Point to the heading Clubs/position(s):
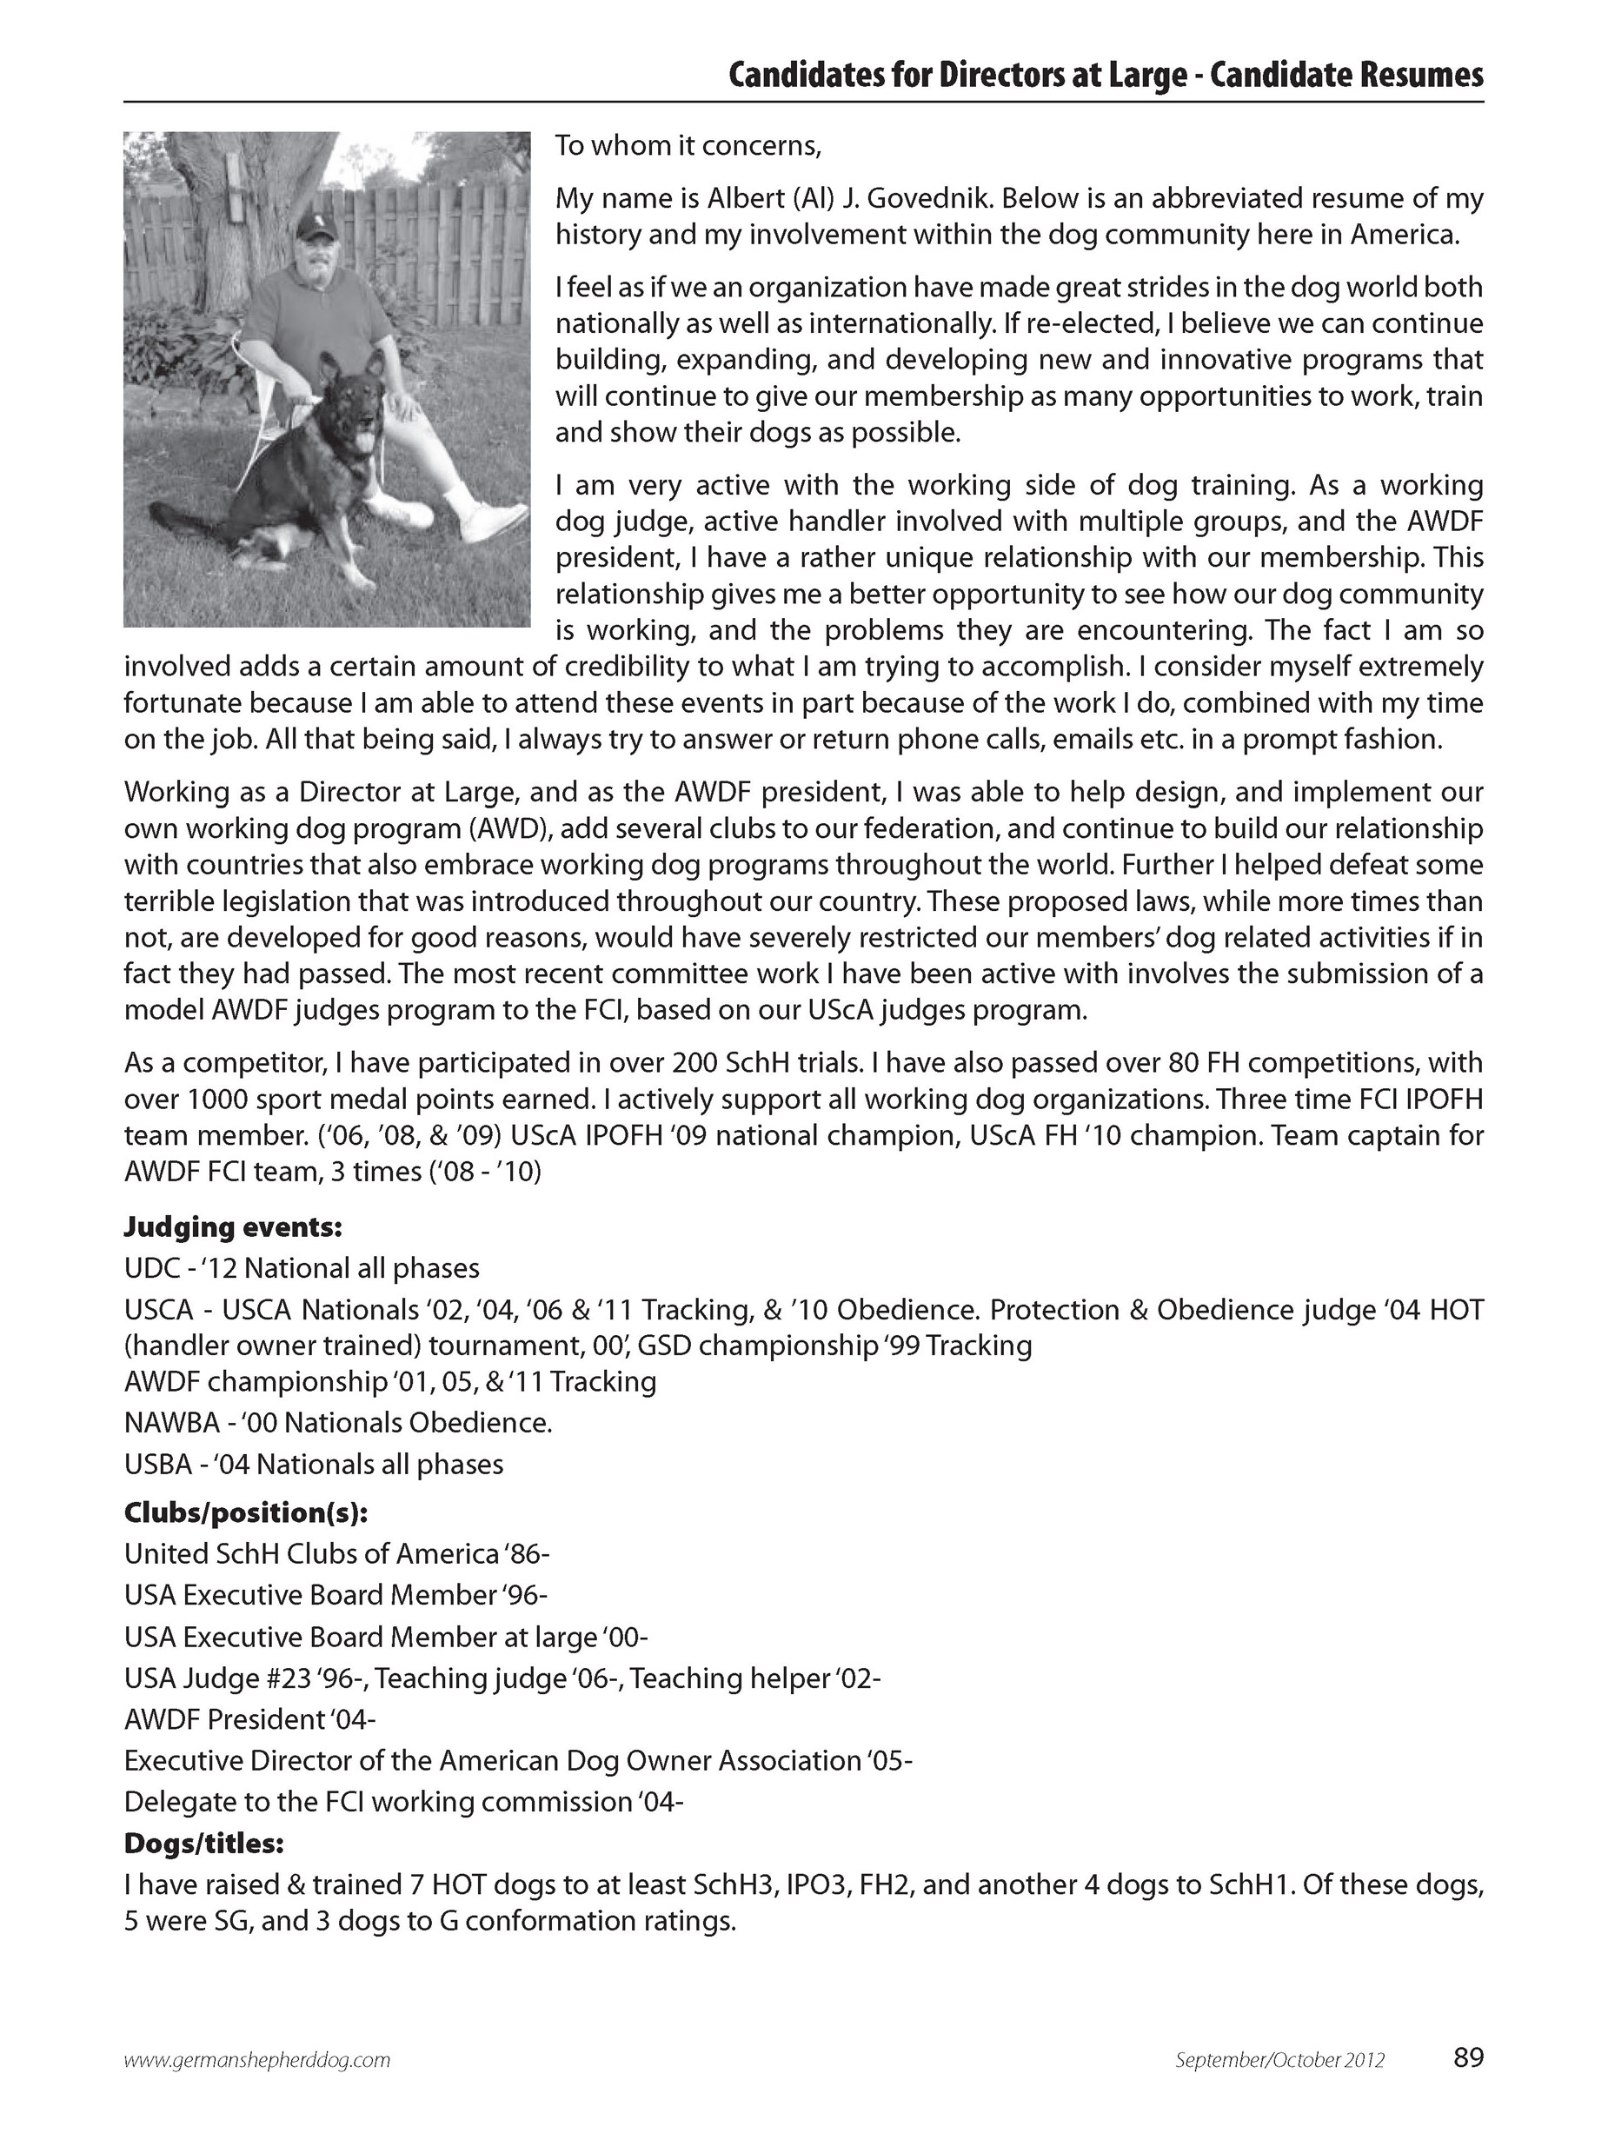(x=246, y=1512)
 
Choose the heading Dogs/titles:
(x=204, y=1843)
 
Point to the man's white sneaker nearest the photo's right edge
(x=494, y=520)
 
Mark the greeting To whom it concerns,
(x=688, y=146)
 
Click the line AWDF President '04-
(x=249, y=1719)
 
